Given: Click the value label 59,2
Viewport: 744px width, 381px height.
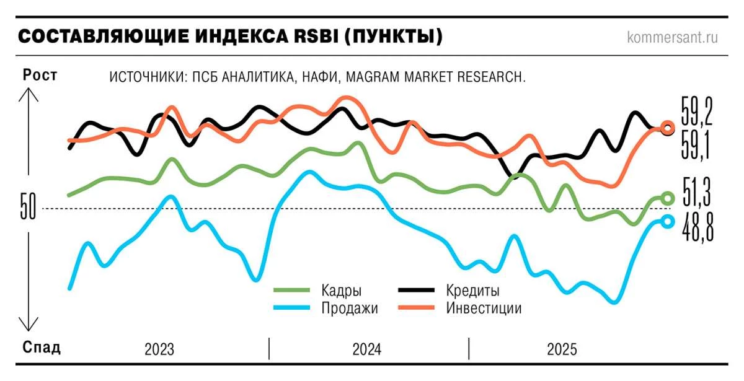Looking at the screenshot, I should [x=697, y=112].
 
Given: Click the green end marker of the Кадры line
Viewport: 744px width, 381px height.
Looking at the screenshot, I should [x=667, y=198].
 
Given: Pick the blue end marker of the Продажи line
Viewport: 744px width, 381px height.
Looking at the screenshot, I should [x=667, y=222].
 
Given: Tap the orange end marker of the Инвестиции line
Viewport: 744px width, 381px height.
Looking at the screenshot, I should [x=668, y=128].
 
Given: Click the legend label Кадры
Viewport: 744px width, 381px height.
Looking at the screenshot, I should [x=342, y=291].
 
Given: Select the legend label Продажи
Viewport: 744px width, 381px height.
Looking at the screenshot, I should [x=350, y=308].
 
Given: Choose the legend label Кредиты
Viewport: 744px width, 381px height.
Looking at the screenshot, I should [x=472, y=291].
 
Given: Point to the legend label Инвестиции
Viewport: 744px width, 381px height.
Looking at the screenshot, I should [x=484, y=308].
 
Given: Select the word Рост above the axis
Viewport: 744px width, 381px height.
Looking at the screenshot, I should [x=40, y=75].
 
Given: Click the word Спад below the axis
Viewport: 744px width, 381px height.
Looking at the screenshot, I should [x=42, y=347].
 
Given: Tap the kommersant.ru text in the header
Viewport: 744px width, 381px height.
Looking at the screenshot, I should [x=673, y=37].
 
